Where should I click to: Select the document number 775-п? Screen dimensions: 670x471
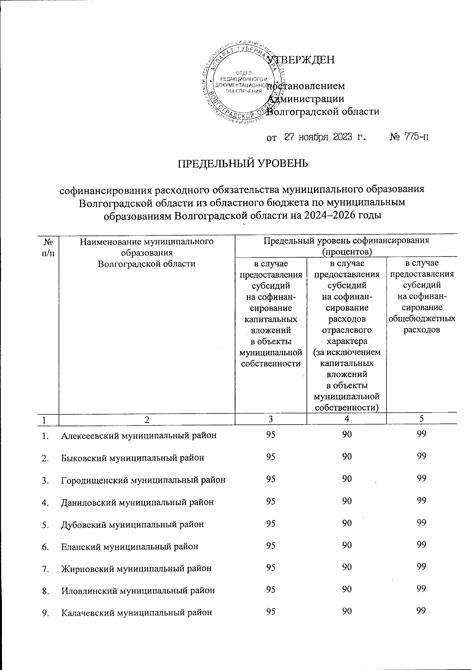pyautogui.click(x=414, y=137)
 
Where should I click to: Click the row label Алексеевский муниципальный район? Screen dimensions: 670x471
pyautogui.click(x=139, y=435)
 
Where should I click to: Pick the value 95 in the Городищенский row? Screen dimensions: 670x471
pyautogui.click(x=270, y=479)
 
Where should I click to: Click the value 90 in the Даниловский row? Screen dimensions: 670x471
pyautogui.click(x=347, y=501)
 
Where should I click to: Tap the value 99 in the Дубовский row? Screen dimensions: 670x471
pyautogui.click(x=422, y=523)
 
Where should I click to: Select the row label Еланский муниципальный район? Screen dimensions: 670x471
pyautogui.click(x=130, y=546)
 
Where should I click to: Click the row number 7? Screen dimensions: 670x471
pyautogui.click(x=46, y=568)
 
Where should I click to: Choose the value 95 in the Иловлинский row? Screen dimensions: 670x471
pyautogui.click(x=270, y=589)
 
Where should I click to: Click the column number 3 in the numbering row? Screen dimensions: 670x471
pyautogui.click(x=270, y=419)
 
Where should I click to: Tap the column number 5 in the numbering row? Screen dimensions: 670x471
pyautogui.click(x=422, y=419)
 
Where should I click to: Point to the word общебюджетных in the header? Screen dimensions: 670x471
pyautogui.click(x=422, y=319)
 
